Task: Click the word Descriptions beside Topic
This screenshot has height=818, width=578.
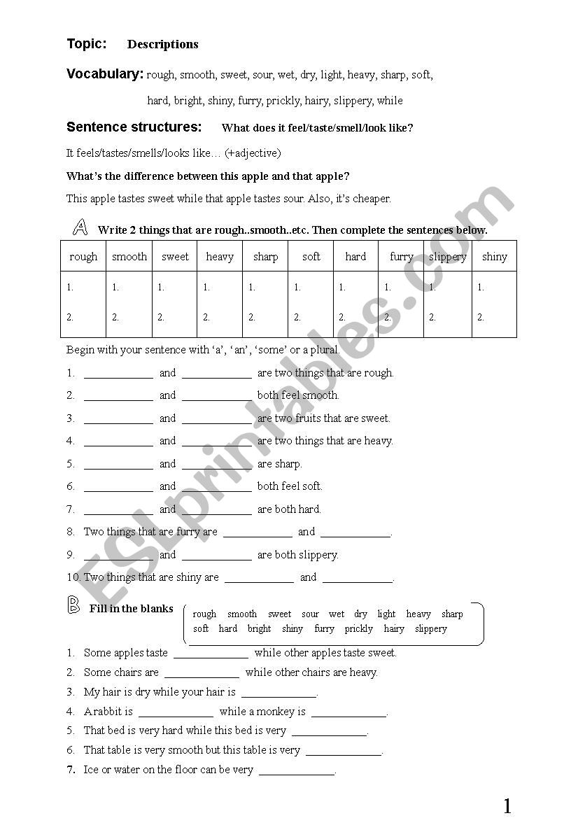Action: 162,45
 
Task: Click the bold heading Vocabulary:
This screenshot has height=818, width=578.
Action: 105,73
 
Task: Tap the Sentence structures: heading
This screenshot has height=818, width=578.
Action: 134,127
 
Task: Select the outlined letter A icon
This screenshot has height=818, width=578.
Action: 80,227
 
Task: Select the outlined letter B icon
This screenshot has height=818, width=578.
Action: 73,605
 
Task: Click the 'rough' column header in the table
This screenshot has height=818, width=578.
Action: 83,257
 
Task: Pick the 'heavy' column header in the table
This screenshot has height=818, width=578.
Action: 220,257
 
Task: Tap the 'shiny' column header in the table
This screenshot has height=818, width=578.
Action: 494,257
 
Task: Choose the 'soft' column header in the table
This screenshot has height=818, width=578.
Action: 311,257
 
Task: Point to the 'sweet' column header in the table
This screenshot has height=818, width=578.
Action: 175,257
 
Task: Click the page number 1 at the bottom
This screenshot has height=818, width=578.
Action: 507,806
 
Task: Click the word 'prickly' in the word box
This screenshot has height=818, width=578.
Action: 359,628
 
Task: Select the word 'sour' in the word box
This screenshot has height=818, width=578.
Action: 310,614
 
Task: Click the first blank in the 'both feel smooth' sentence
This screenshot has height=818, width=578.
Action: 118,397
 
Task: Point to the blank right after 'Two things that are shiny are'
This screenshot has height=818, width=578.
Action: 259,579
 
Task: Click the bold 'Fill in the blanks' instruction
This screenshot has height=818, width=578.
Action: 131,609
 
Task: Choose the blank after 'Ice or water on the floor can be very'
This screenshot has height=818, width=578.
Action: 297,771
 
